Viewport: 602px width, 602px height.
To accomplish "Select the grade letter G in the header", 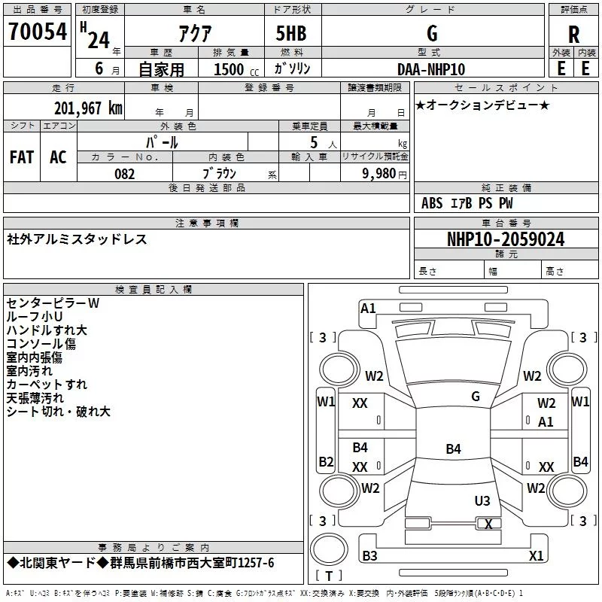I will pyautogui.click(x=431, y=33).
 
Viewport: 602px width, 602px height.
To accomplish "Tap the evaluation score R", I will pyautogui.click(x=573, y=35).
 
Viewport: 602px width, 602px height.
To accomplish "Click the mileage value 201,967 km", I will pyautogui.click(x=88, y=108).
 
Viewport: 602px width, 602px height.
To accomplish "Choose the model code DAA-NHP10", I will pyautogui.click(x=431, y=69).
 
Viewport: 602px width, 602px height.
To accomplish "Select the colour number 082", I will pyautogui.click(x=124, y=174).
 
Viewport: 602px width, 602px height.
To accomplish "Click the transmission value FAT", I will pyautogui.click(x=22, y=157).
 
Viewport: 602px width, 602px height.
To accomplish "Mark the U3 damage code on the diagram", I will pyautogui.click(x=482, y=500).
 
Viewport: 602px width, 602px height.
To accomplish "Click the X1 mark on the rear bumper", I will pyautogui.click(x=536, y=556).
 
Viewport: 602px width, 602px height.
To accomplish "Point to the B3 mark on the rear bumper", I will pyautogui.click(x=369, y=556).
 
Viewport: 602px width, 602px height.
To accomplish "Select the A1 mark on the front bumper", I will pyautogui.click(x=368, y=308).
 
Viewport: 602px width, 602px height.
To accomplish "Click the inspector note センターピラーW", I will pyautogui.click(x=53, y=303).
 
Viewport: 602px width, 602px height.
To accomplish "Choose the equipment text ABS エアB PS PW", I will pyautogui.click(x=467, y=203).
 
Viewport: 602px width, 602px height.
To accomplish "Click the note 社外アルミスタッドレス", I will pyautogui.click(x=77, y=239).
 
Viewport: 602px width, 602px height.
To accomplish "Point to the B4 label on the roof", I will pyautogui.click(x=453, y=449).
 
